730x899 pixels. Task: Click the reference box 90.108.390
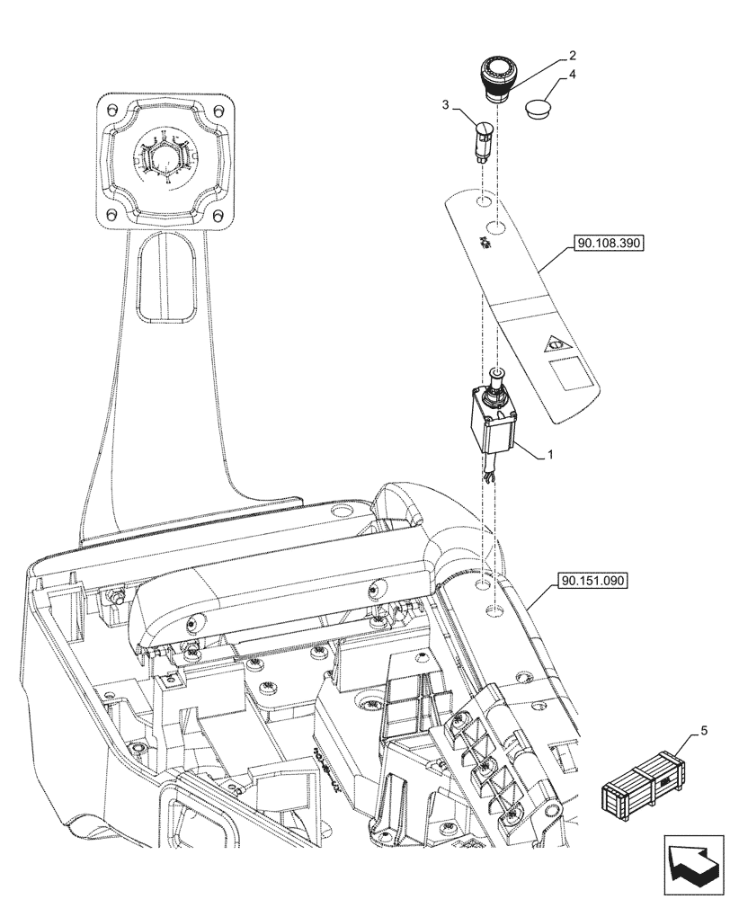605,243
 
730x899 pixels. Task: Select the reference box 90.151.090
594,581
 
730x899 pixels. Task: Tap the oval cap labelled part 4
539,108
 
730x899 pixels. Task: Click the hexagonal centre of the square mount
165,159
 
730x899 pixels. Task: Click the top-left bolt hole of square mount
111,110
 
